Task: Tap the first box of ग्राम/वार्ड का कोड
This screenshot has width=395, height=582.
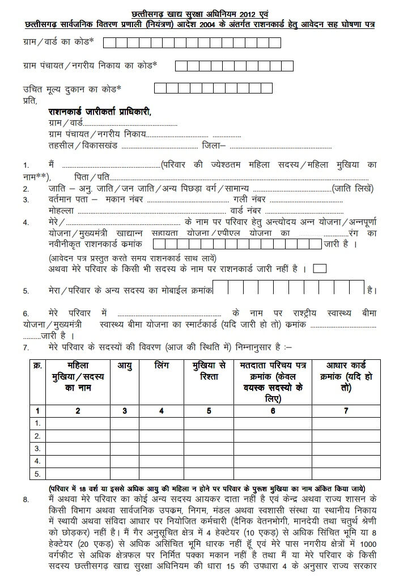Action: click(108, 42)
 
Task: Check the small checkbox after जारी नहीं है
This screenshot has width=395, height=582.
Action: click(320, 269)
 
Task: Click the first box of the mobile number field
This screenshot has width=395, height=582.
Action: click(220, 288)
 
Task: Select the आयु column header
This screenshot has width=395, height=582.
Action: click(125, 366)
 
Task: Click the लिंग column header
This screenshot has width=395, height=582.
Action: click(162, 366)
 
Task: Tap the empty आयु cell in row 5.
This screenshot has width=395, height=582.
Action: click(125, 473)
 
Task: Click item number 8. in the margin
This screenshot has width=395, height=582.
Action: click(26, 500)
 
